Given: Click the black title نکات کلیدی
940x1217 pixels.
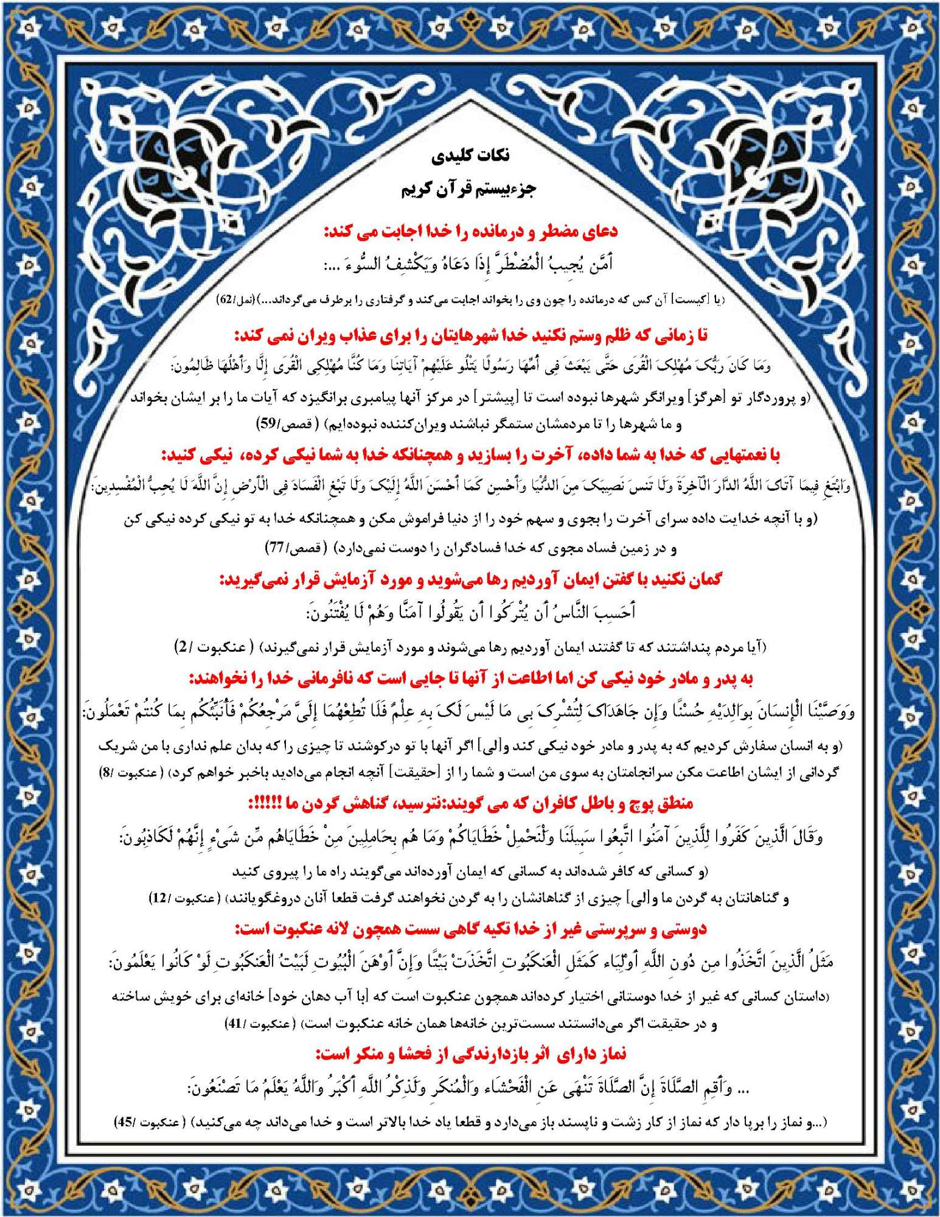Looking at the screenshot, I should [x=470, y=156].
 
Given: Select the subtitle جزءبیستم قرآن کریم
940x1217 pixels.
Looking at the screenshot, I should [x=468, y=189].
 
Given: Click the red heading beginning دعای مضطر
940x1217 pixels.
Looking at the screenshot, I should [x=470, y=231].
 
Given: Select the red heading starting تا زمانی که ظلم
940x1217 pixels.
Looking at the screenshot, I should [x=470, y=335].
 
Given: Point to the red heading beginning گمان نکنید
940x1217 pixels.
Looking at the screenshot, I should [x=470, y=579].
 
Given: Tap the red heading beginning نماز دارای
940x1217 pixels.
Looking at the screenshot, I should [x=470, y=1054].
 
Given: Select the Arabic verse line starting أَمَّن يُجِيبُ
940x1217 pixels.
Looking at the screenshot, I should [x=468, y=264].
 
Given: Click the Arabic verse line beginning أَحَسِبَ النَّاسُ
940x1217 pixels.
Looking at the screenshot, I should [x=470, y=612].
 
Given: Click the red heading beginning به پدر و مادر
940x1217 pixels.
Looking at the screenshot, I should [x=470, y=678].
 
